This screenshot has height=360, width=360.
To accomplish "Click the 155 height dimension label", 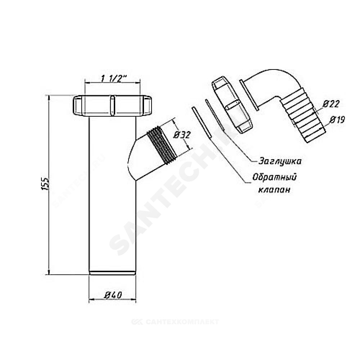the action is [x=46, y=183].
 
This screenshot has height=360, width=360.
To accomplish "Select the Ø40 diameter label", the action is [x=113, y=295].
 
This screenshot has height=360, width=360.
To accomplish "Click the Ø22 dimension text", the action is [x=331, y=104].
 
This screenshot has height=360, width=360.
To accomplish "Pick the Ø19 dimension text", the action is [x=337, y=120].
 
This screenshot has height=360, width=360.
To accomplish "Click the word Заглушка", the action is [x=280, y=161].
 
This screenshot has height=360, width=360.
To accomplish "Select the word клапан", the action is [x=274, y=190].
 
